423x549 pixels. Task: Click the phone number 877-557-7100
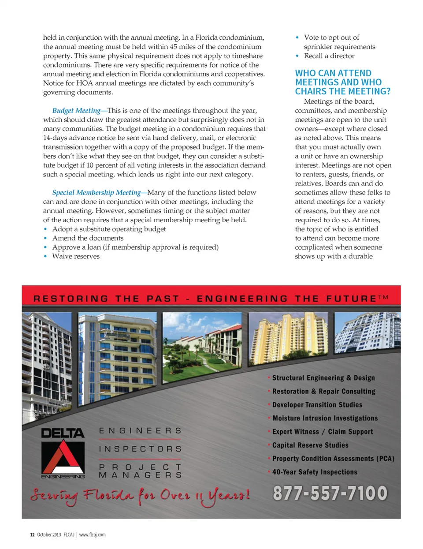330,493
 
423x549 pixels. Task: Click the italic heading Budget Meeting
76,111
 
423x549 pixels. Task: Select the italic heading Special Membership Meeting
96,193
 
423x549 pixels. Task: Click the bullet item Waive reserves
76,256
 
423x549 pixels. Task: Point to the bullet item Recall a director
329,56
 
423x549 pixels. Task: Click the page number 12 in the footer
32,534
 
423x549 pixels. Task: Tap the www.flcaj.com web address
93,534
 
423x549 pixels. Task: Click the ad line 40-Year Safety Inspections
315,472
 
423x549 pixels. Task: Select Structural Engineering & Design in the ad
323,378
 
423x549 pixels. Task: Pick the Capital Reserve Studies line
310,445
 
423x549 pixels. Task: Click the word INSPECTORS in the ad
140,449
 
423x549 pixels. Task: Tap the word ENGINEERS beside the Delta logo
140,431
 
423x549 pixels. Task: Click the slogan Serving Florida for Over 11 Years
140,496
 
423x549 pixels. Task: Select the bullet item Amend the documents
88,238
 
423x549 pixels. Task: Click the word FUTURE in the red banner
351,299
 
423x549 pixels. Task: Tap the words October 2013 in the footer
49,534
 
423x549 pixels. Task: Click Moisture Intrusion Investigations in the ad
325,418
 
